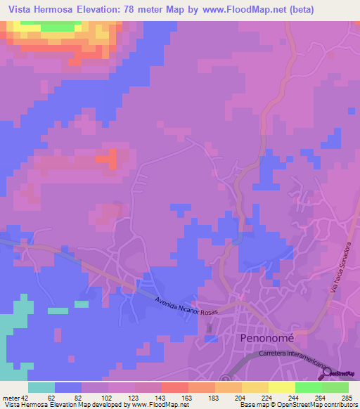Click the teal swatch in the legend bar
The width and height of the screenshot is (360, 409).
[41, 387]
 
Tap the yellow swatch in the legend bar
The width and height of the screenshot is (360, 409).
[281, 387]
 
